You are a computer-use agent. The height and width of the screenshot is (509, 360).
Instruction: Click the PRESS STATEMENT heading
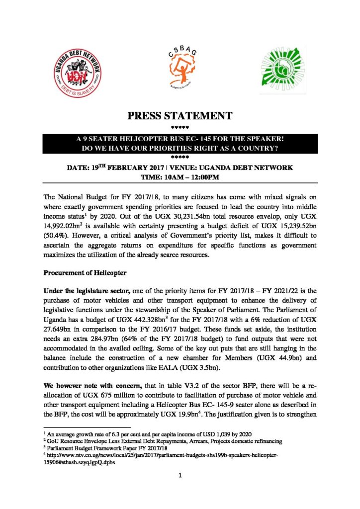coord(180,117)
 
